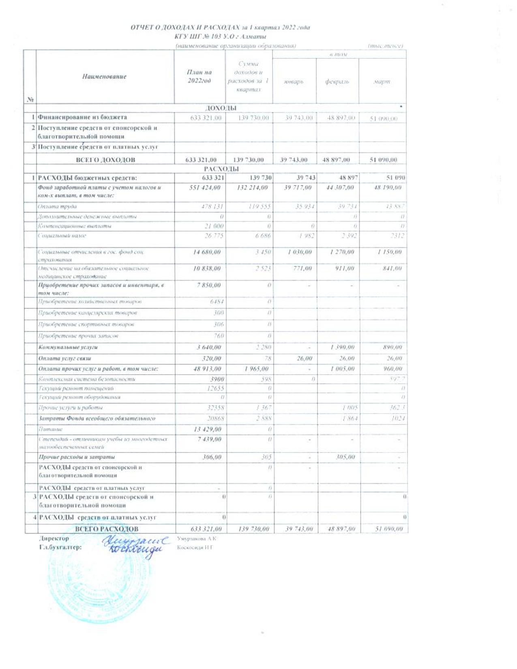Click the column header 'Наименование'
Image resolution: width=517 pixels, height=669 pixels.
coord(104,76)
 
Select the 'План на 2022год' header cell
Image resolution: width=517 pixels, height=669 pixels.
coord(199,76)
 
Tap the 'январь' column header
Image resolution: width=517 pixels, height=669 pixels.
coord(294,81)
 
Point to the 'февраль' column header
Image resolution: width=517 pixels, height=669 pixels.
coord(337,81)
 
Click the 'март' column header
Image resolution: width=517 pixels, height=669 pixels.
coord(382,81)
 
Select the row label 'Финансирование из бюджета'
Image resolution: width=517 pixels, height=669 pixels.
coord(82,117)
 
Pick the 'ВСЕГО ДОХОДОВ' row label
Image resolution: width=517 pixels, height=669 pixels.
coord(105,160)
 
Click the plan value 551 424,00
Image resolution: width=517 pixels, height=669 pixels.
coord(205,188)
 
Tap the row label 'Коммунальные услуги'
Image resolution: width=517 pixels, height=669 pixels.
coord(68,347)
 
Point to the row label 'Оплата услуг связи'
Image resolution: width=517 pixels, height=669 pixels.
coord(64,358)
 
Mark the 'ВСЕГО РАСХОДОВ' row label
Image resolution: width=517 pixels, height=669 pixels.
coord(107,529)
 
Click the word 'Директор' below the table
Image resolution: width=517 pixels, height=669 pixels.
coord(54,538)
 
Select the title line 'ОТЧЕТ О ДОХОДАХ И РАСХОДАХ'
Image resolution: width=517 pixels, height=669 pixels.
coord(220,28)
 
